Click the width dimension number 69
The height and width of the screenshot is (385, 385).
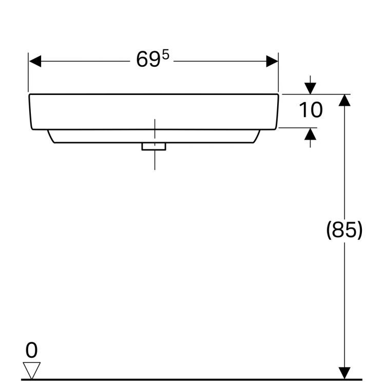(x=148, y=59)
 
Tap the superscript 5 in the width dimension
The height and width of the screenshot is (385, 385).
(x=166, y=54)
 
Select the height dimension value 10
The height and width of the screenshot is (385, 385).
(x=311, y=110)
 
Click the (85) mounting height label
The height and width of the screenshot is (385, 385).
(x=344, y=229)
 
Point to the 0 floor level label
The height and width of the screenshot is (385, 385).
(x=31, y=350)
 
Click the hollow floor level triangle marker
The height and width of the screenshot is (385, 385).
(x=31, y=371)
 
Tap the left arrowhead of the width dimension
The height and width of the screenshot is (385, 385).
(x=35, y=61)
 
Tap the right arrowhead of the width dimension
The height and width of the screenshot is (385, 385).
(x=272, y=61)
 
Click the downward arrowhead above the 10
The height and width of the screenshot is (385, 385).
(x=310, y=88)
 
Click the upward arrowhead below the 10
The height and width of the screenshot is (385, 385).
(x=310, y=134)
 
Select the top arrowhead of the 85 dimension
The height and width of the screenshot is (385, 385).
(x=344, y=100)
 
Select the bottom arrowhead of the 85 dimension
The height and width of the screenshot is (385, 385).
(x=344, y=373)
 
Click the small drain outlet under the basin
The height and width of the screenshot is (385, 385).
(x=153, y=147)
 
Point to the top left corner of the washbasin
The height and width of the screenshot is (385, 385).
(x=29, y=94)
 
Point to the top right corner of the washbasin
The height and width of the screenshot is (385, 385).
(x=278, y=94)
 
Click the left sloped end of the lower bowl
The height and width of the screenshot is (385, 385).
(x=51, y=136)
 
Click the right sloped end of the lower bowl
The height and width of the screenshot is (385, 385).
(x=257, y=136)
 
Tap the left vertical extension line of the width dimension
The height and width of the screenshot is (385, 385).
(x=28, y=72)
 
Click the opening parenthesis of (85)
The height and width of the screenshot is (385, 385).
(x=329, y=230)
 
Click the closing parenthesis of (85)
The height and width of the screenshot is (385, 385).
(x=360, y=230)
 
